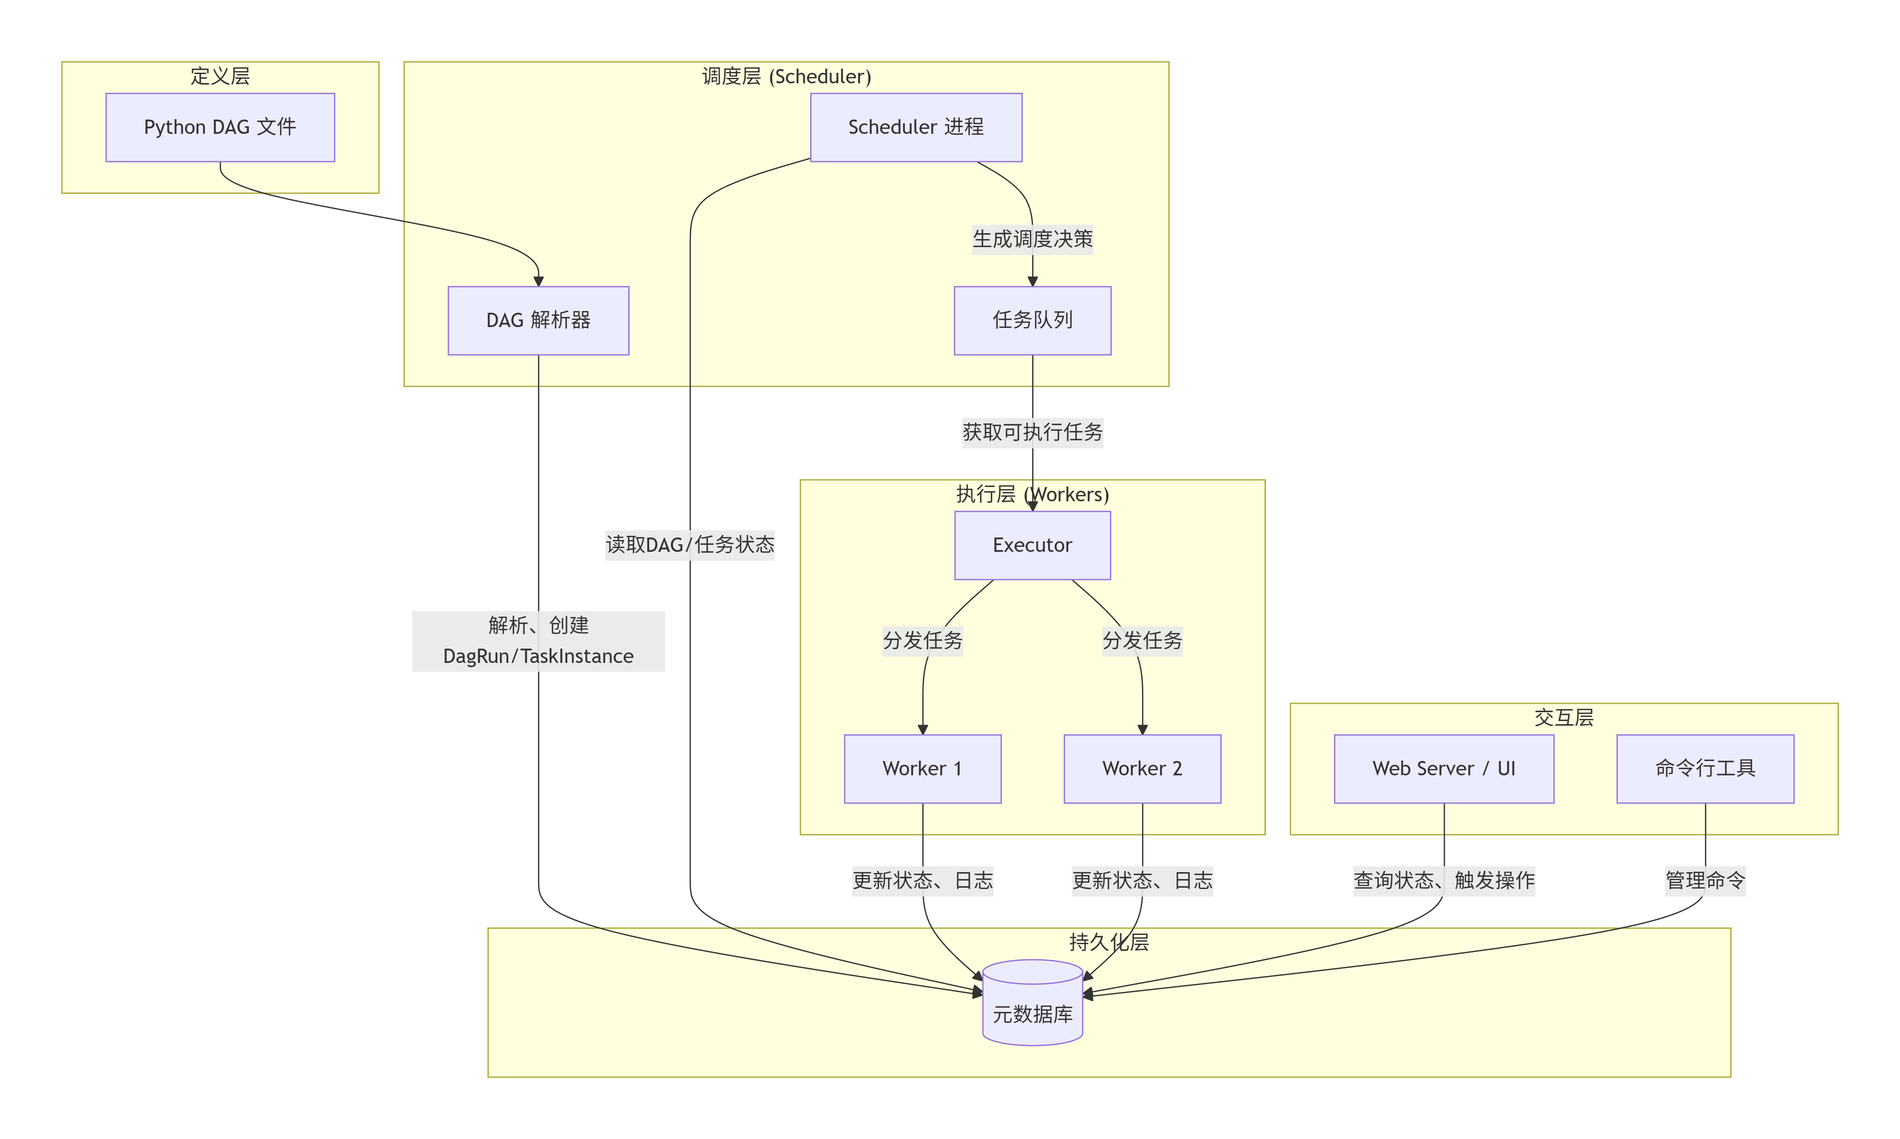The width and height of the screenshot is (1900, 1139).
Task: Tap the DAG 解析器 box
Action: pos(538,320)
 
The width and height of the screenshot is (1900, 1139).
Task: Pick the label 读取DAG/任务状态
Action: pos(689,545)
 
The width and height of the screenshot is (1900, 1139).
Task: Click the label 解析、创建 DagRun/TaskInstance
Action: pos(538,641)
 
